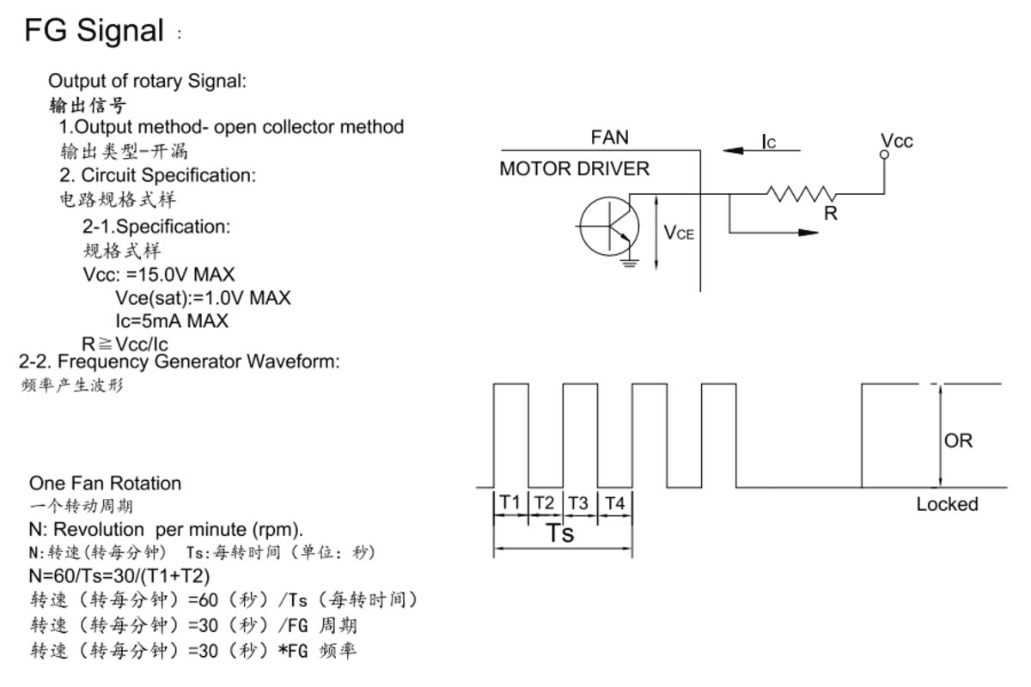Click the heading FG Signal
coord(94,31)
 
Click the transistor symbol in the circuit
coord(608,226)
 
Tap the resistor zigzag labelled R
coord(800,194)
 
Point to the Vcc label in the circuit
coord(897,141)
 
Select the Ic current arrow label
coord(769,142)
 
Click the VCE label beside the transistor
coord(679,232)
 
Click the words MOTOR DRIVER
coord(575,169)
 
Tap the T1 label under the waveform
coord(510,503)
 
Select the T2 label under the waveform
coord(545,503)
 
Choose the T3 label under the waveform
coord(579,503)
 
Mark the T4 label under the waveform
coord(614,503)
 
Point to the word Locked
coord(947,504)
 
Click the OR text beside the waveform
coord(958,441)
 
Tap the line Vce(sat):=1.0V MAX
coord(203,298)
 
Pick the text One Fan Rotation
coord(105,483)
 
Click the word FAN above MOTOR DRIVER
coord(609,137)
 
